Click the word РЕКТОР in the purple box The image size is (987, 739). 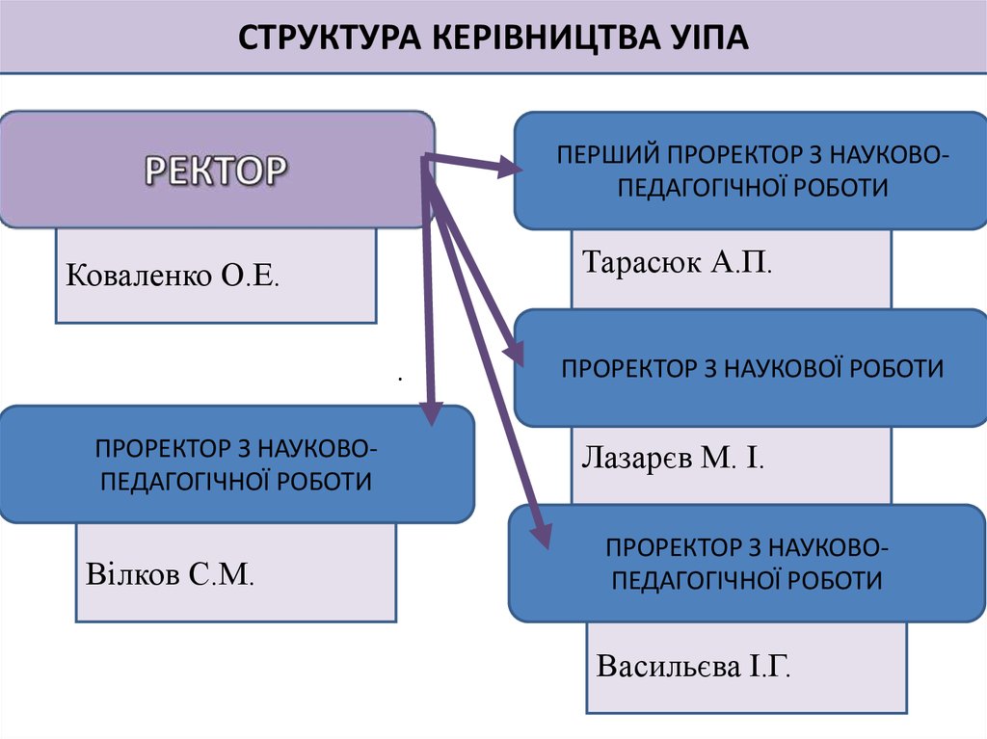(x=216, y=171)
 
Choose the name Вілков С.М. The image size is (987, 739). (x=170, y=575)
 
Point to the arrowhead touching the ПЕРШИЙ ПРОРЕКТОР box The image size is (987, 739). (x=509, y=169)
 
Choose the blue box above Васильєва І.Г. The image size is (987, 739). (x=747, y=564)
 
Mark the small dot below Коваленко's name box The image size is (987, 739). (x=398, y=379)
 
